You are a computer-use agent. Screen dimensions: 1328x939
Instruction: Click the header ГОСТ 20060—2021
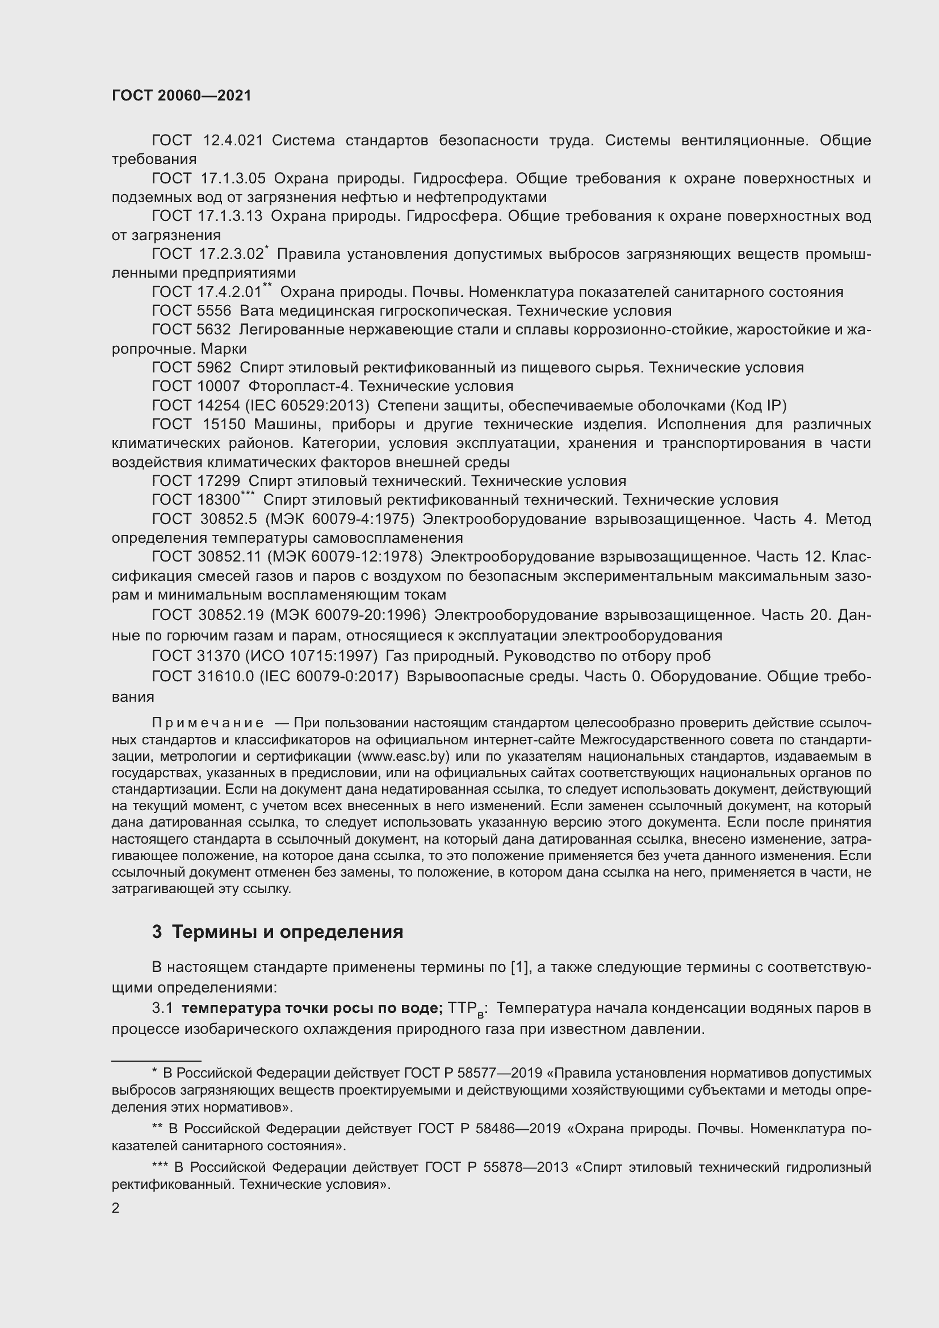tap(182, 96)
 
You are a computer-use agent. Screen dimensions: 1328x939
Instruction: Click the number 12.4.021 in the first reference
tap(233, 141)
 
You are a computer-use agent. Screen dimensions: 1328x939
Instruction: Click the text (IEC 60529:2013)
tap(308, 405)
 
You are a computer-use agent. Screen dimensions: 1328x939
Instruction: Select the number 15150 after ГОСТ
tap(224, 425)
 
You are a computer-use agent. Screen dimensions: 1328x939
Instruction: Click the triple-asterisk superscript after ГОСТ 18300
tap(248, 494)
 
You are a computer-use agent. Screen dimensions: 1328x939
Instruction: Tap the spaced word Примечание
tap(208, 723)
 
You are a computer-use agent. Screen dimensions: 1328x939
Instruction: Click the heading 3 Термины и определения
tap(278, 932)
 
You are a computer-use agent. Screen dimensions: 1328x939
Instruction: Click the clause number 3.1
tap(162, 1008)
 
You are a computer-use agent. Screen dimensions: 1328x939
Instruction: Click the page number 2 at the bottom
tap(116, 1208)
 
